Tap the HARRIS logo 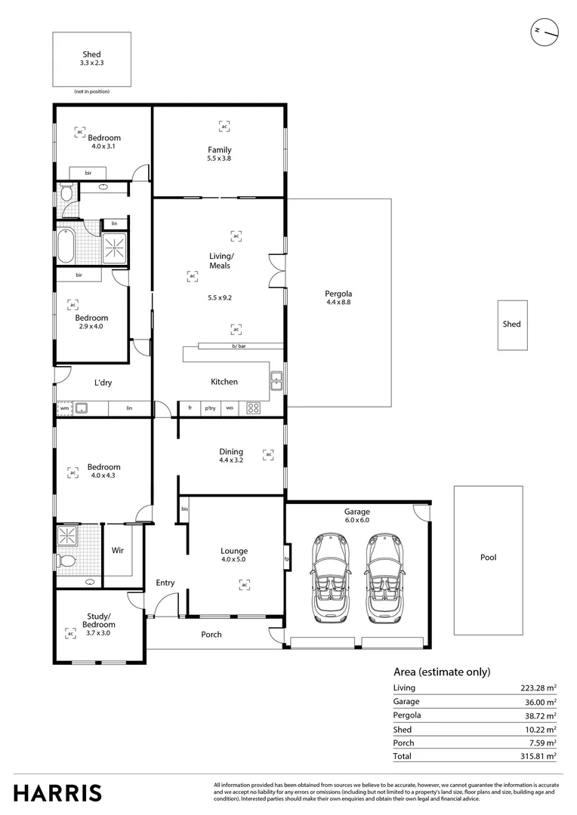57,792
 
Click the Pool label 488,558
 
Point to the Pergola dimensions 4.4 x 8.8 338,302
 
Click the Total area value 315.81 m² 538,755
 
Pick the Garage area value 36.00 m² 541,701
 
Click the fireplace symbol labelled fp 286,558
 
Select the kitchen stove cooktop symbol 254,408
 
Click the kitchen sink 277,381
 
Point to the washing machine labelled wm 64,408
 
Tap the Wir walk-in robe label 117,551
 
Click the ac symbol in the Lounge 244,584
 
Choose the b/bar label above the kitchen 239,346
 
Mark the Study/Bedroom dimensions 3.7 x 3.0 100,633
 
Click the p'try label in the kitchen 211,408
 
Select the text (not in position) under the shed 91,91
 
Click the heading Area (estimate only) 442,672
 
